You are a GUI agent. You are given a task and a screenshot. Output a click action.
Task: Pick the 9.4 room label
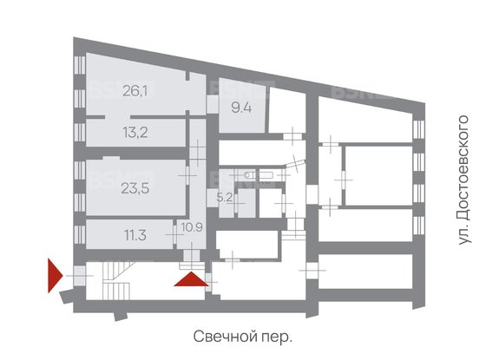(241, 108)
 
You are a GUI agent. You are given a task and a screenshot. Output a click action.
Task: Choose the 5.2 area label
(224, 196)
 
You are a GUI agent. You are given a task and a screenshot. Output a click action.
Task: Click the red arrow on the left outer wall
(54, 275)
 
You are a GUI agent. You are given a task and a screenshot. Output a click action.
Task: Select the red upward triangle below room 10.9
(192, 278)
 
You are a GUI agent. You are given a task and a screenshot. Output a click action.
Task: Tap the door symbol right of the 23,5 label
(188, 174)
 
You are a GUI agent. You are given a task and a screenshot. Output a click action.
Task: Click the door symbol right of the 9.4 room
(296, 134)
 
